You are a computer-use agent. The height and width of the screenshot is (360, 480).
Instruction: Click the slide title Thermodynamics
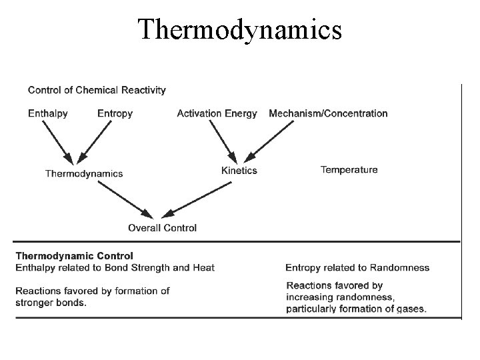point(240,29)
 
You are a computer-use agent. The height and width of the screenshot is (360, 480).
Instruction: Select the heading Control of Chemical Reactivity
point(97,89)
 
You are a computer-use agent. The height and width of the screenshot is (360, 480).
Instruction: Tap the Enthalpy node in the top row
point(48,113)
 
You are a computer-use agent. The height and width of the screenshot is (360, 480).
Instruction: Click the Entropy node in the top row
point(115,113)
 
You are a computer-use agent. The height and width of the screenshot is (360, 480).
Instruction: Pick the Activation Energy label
point(217,113)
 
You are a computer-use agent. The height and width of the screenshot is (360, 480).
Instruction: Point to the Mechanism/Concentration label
point(328,113)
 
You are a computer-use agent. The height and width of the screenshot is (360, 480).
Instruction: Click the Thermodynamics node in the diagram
point(84,173)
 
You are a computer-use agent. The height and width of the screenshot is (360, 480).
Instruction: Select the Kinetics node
point(239,171)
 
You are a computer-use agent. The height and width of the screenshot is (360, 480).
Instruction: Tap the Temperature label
point(349,169)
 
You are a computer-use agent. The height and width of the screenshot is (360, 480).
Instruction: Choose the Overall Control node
point(162,228)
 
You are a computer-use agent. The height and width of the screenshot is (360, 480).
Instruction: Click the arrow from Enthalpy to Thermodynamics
point(59,143)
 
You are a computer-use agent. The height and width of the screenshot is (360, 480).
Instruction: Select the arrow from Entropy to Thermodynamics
point(95,143)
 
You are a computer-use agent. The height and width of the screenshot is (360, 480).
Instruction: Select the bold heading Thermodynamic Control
point(74,255)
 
